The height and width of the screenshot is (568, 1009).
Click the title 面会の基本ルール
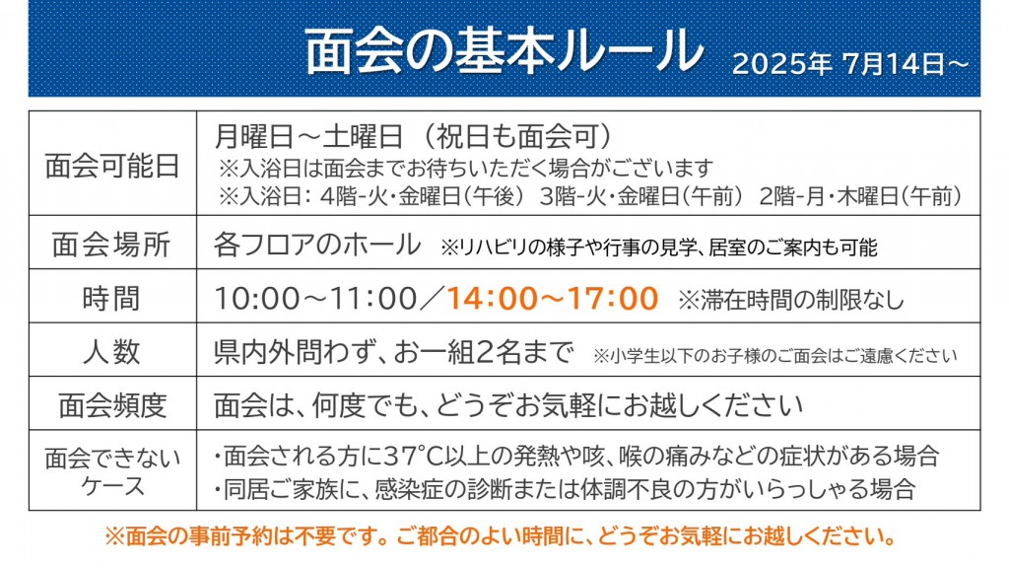[x=504, y=51]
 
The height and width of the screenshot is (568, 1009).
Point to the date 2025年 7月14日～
[x=850, y=64]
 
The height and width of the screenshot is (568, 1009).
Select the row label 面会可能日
[x=112, y=166]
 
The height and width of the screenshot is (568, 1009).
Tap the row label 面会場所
[x=112, y=245]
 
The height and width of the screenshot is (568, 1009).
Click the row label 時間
[x=112, y=298]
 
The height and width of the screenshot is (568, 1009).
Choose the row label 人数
[x=112, y=352]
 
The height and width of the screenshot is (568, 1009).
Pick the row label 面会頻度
[x=112, y=405]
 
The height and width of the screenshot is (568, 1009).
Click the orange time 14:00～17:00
[x=552, y=298]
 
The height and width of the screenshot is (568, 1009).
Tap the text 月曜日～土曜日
[x=308, y=136]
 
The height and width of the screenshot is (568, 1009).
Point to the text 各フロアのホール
[x=317, y=245]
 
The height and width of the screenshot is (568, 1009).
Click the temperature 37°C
[x=415, y=456]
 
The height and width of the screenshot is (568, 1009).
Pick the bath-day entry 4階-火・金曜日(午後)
[x=422, y=196]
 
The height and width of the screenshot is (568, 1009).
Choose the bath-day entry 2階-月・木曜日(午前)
[x=861, y=196]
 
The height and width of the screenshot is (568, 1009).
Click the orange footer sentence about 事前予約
[x=501, y=535]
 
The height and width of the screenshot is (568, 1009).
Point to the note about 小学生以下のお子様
[x=774, y=355]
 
